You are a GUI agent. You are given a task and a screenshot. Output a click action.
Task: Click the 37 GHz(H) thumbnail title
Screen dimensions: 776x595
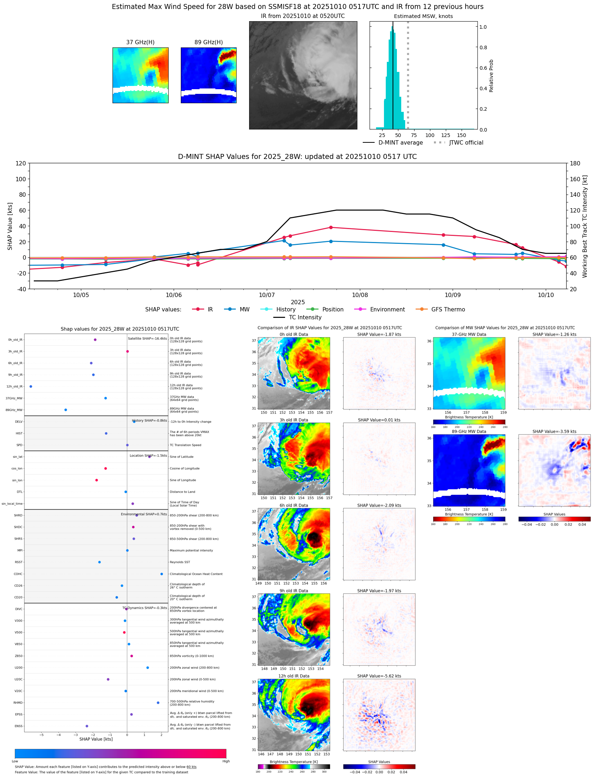pos(140,42)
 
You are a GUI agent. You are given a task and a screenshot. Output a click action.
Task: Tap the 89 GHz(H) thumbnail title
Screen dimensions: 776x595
pos(209,42)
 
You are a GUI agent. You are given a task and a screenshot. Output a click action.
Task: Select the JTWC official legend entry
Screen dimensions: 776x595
pos(466,143)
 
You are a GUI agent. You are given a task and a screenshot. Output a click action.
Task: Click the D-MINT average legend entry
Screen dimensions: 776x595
pos(401,143)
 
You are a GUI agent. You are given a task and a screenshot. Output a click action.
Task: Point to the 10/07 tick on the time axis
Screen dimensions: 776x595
pos(267,295)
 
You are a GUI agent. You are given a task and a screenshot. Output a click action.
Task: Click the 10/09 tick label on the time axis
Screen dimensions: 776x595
pos(453,295)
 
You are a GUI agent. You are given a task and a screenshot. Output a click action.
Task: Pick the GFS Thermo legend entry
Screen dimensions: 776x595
pos(448,310)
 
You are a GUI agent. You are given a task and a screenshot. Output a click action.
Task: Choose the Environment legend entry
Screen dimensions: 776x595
pos(387,310)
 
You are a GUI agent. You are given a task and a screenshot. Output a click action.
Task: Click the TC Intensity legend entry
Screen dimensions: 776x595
pos(305,318)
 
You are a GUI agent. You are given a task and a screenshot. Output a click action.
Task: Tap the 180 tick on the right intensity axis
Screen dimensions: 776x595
pos(575,164)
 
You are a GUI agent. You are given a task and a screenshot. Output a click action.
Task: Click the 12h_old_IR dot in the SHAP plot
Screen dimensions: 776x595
pos(31,387)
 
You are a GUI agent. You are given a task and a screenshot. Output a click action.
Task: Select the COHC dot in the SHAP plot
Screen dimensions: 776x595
pos(162,574)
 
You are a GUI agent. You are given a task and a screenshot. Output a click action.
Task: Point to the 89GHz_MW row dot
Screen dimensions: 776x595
pos(65,410)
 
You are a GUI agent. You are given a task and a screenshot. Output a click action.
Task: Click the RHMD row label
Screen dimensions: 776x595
pos(18,703)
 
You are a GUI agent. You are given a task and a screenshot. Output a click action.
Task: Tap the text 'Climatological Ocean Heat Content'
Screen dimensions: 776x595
pos(196,574)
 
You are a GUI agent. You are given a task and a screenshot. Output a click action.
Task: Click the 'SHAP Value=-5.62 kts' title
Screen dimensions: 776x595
pos(379,676)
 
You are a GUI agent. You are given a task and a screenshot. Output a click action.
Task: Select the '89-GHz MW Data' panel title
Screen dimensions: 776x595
pos(469,432)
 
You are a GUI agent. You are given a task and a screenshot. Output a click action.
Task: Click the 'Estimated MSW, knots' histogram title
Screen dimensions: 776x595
pos(423,16)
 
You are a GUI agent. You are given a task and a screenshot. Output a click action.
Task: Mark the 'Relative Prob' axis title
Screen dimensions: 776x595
pos(491,76)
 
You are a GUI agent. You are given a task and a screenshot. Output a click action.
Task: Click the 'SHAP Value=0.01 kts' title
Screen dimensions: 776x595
pos(379,420)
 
